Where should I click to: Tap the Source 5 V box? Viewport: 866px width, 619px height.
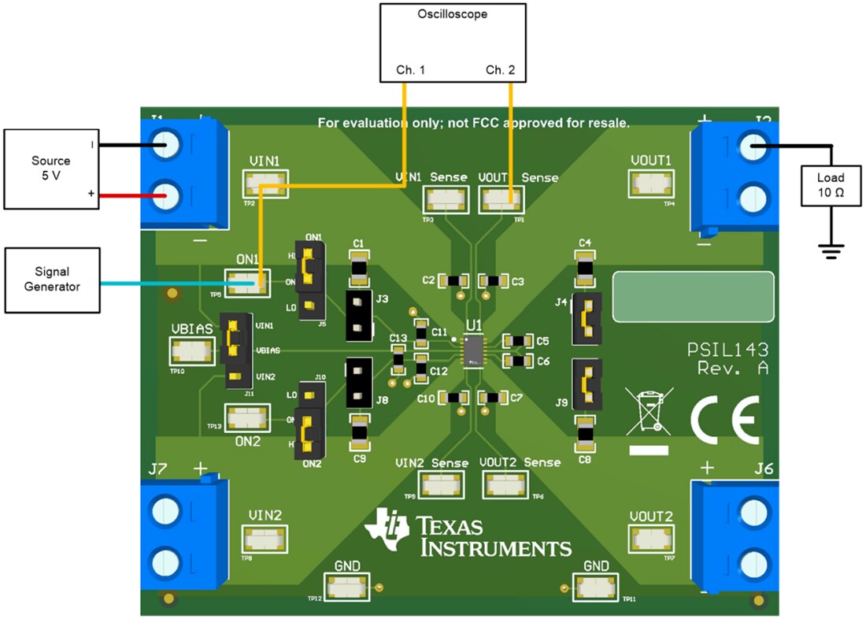[50, 169]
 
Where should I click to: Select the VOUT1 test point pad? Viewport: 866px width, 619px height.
[650, 183]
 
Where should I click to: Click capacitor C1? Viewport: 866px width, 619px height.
[358, 268]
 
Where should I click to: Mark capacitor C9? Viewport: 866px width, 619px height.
[359, 431]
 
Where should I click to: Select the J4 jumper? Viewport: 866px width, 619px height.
[587, 319]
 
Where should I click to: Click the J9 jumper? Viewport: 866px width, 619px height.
[587, 385]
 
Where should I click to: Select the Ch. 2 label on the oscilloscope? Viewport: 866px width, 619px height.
[500, 70]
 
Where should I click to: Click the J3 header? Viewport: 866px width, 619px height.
[358, 315]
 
